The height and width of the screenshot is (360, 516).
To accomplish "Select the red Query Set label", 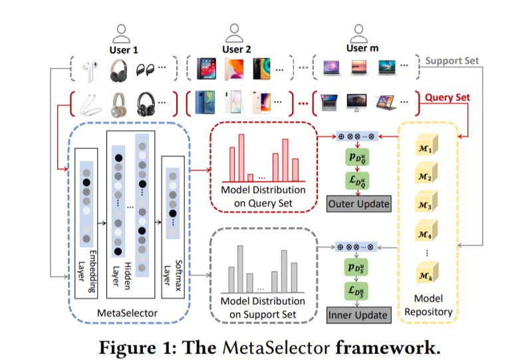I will click(448, 97).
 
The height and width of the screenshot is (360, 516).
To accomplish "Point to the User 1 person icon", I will click(121, 33).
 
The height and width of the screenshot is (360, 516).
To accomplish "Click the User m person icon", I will click(358, 32).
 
